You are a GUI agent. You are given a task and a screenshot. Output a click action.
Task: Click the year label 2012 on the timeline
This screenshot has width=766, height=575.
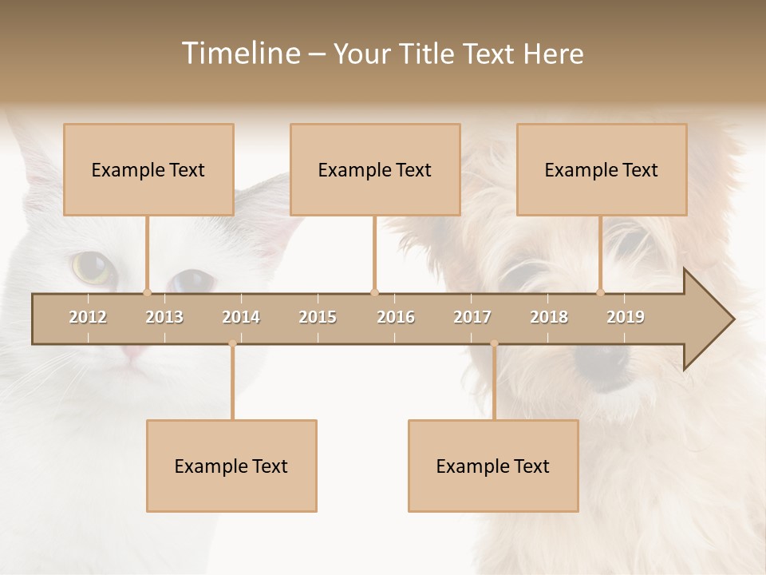[88, 317]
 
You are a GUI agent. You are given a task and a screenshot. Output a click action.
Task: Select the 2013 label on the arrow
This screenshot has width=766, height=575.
[164, 317]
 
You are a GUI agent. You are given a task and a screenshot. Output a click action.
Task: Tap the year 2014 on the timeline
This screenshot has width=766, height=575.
[241, 317]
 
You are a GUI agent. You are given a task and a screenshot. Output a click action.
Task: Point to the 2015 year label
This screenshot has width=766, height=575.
[318, 317]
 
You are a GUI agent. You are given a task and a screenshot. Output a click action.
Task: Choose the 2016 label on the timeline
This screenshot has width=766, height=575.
[396, 317]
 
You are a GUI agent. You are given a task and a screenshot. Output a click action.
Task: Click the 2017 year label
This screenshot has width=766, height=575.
[472, 317]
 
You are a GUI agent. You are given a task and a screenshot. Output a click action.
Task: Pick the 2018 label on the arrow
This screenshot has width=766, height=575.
[549, 317]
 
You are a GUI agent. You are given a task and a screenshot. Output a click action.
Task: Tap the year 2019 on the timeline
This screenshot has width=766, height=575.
[626, 317]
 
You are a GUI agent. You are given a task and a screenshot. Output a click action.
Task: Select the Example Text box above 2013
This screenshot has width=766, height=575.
[148, 169]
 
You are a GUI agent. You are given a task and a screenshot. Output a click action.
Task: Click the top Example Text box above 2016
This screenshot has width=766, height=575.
[375, 169]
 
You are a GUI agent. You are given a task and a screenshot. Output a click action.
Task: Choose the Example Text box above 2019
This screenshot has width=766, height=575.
[602, 169]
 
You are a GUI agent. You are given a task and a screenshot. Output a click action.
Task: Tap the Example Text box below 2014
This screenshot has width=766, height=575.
[231, 466]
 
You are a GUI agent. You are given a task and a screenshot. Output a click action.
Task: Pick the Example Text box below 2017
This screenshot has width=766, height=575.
[493, 466]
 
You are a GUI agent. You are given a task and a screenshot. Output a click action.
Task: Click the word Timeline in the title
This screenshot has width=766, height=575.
[239, 54]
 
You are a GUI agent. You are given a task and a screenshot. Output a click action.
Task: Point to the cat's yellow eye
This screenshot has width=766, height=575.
[91, 267]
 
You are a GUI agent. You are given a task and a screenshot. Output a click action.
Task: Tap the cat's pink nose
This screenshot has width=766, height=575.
[132, 352]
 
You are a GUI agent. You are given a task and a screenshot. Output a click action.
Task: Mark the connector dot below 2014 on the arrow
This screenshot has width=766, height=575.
[232, 343]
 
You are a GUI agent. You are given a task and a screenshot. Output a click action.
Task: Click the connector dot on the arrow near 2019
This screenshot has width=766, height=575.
[601, 292]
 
